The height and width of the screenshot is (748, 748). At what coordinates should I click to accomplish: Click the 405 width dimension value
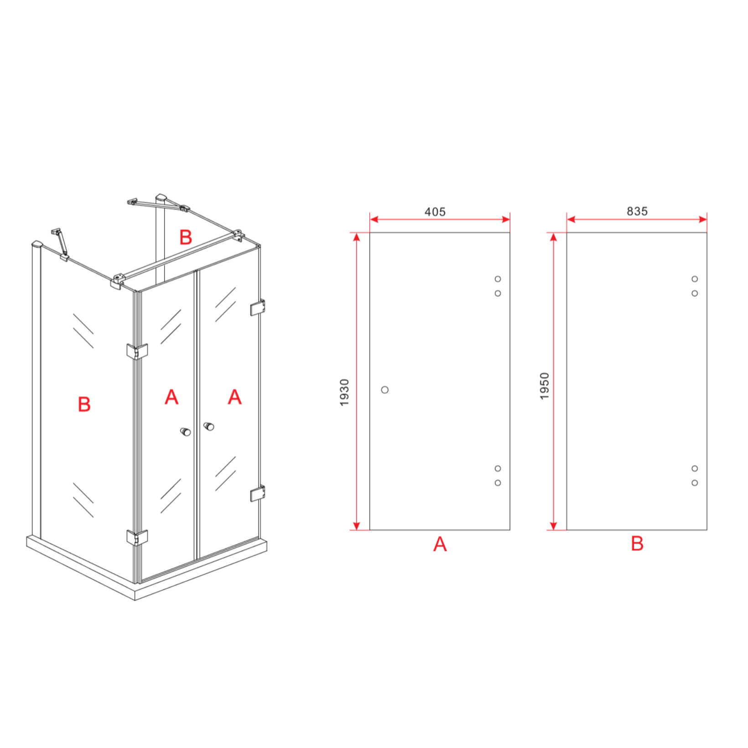435,212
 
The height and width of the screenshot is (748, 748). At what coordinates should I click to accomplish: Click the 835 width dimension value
637,211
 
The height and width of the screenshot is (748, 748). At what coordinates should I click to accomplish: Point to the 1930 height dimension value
344,392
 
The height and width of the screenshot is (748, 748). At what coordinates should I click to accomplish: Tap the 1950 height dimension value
544,386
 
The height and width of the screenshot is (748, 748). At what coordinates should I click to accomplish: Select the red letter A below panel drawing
440,544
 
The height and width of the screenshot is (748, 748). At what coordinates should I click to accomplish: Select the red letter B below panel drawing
637,544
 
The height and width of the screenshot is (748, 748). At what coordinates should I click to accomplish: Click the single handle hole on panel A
385,390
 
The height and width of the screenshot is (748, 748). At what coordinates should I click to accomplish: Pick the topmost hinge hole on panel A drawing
498,279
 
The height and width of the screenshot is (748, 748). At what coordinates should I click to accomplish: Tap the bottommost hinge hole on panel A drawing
498,483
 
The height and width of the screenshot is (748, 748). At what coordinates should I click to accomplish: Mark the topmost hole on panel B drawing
695,279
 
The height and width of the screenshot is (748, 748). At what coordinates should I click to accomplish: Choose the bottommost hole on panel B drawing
695,483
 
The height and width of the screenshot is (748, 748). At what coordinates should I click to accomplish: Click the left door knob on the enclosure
185,431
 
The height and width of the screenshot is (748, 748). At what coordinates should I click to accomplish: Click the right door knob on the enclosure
208,426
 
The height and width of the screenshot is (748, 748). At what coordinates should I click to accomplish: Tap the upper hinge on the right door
258,307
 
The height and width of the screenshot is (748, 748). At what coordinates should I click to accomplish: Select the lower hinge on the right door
258,494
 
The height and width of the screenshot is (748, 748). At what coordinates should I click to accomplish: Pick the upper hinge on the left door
137,351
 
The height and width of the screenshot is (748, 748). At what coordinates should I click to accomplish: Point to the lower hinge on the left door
137,537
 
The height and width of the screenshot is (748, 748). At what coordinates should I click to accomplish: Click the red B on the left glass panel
84,405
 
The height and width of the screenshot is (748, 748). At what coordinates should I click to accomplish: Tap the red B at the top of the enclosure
186,237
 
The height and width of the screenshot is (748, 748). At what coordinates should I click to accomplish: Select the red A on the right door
234,397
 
